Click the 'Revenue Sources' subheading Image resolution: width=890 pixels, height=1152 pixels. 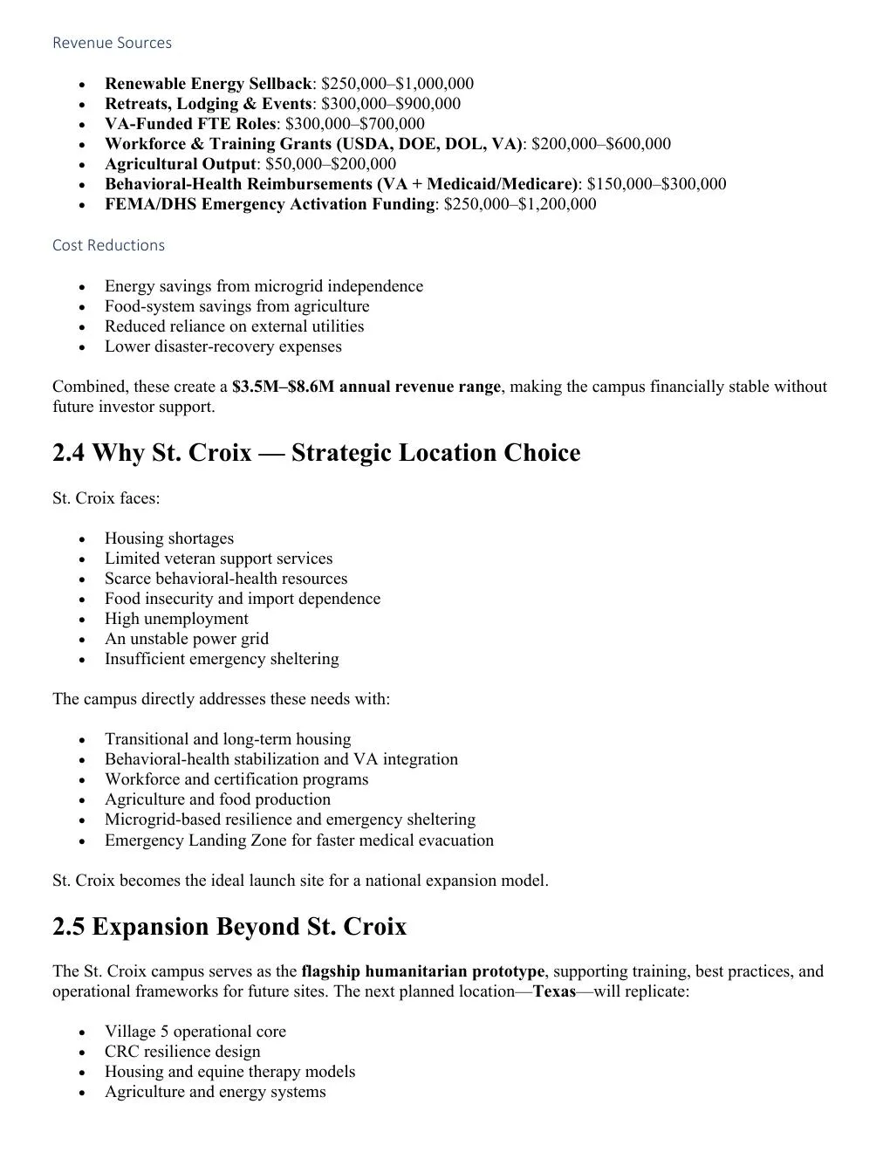tap(112, 43)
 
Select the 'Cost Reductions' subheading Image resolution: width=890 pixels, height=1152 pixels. tap(108, 245)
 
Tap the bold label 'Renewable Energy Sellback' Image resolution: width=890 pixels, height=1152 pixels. tap(208, 84)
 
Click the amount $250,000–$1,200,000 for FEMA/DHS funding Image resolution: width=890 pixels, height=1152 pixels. tap(520, 204)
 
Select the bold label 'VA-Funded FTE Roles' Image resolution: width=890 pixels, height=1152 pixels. tap(189, 124)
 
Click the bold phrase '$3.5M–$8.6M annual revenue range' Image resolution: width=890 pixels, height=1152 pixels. tap(366, 387)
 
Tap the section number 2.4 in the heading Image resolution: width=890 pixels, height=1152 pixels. tap(69, 453)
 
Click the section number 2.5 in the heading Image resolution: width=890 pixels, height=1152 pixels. tap(69, 927)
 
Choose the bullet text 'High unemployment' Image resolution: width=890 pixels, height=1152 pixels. tap(176, 619)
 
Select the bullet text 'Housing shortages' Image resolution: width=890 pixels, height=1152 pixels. tap(169, 538)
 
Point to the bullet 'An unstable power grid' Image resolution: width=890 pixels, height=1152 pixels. tap(187, 639)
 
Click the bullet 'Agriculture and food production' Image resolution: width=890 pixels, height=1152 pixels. tap(217, 799)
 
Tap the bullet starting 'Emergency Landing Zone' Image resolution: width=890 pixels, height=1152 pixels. tap(298, 840)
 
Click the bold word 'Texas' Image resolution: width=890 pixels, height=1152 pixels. tap(554, 991)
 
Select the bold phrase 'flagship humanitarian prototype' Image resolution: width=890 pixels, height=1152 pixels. tap(422, 971)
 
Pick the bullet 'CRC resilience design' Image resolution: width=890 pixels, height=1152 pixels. tap(182, 1052)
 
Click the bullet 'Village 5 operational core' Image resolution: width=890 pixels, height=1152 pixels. tap(195, 1032)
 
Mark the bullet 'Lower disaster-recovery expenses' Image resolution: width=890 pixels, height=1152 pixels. tap(222, 346)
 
